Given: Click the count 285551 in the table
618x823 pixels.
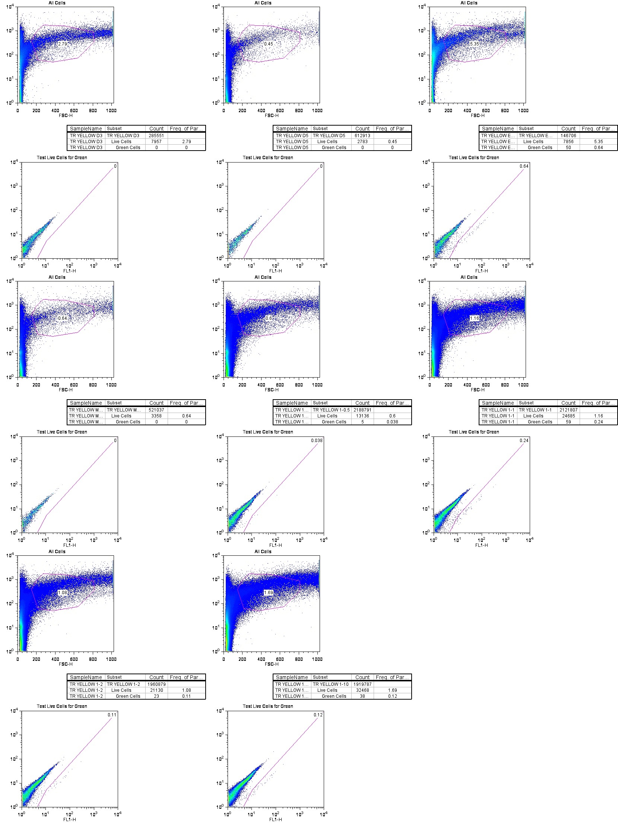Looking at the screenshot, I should click(x=156, y=136).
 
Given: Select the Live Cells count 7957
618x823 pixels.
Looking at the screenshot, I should click(x=156, y=142).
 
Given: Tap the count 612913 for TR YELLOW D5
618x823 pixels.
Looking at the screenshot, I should click(x=362, y=136).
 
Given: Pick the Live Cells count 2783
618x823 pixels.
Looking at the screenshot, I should click(x=362, y=142).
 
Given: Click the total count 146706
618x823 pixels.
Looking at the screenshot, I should click(x=568, y=136).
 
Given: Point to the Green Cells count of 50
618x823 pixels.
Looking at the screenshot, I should click(x=568, y=148).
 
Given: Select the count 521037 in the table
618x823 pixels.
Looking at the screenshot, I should click(x=156, y=410).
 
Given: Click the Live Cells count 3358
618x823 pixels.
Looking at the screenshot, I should click(x=156, y=416).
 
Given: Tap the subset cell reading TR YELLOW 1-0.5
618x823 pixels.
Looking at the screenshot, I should click(x=331, y=410).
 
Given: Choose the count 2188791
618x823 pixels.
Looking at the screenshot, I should click(x=362, y=410).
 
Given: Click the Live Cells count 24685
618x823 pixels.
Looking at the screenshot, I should click(x=568, y=416).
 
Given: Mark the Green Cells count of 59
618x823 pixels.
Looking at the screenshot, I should click(x=568, y=422).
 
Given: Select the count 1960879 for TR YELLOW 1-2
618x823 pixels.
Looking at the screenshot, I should click(x=156, y=684).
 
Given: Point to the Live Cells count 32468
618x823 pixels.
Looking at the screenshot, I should click(x=362, y=690).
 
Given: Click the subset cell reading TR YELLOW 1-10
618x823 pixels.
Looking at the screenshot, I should click(x=331, y=684).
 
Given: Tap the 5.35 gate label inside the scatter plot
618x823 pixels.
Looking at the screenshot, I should click(x=475, y=44).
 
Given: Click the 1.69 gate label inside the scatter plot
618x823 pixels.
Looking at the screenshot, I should click(x=269, y=593).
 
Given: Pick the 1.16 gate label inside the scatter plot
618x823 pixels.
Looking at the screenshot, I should click(x=475, y=318).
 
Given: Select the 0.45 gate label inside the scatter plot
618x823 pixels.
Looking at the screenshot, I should click(x=269, y=44).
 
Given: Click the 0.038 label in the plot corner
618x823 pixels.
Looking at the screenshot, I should click(x=317, y=441).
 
